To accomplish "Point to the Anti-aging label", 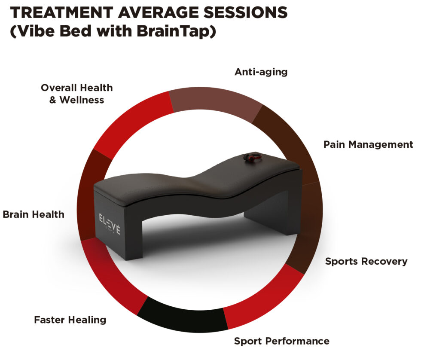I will [x=261, y=72].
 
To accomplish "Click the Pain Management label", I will [x=368, y=144].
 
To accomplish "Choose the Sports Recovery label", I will [x=366, y=261].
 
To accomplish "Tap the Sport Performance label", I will [x=281, y=341].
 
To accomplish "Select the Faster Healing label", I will [x=70, y=320].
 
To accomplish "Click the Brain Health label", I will [x=34, y=214].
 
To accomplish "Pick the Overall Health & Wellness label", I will [x=76, y=94].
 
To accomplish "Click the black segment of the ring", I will [x=183, y=316].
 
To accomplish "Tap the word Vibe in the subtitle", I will [x=31, y=32].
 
